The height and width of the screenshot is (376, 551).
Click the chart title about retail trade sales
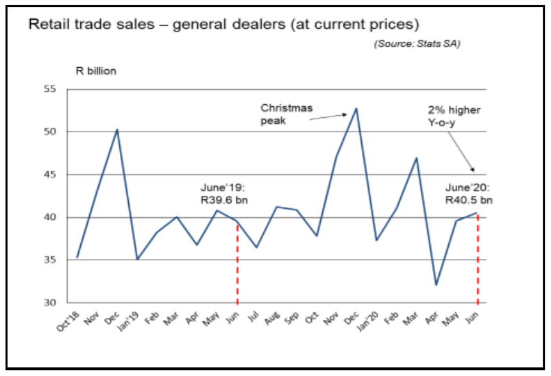(223, 25)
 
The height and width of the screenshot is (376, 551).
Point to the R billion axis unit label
(96, 71)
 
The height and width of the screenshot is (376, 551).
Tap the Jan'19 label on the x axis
(129, 321)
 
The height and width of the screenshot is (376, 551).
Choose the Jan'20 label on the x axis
(369, 321)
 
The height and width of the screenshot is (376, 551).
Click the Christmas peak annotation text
(286, 114)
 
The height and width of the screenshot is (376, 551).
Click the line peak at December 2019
(356, 108)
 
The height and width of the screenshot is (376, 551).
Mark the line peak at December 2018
(117, 129)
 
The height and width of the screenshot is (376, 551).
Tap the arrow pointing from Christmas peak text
(329, 117)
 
